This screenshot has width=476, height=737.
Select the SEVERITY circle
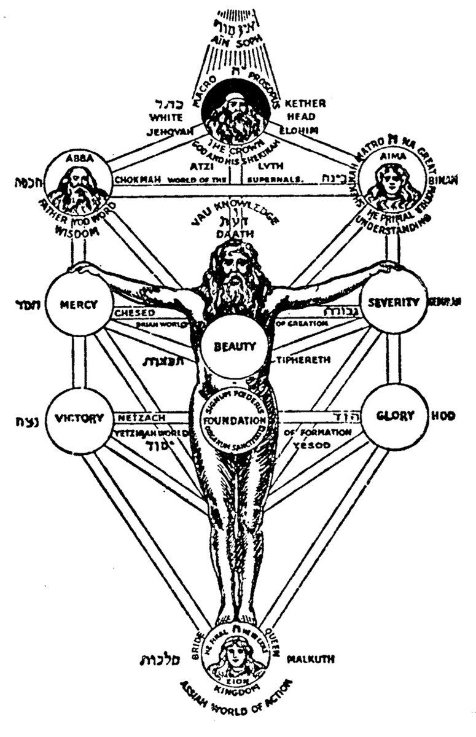(x=393, y=303)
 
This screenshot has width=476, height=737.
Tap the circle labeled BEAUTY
(x=235, y=346)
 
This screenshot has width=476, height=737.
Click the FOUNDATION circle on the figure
(x=235, y=421)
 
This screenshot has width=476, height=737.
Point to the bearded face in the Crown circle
(x=236, y=112)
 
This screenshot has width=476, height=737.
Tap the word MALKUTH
(x=311, y=659)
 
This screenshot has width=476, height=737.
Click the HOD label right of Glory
(x=447, y=416)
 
